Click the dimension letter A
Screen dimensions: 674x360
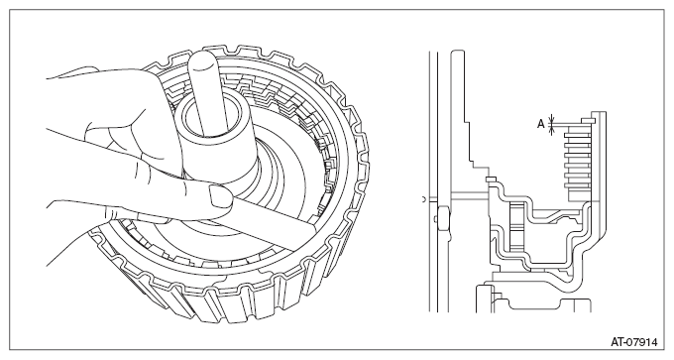tap(541, 124)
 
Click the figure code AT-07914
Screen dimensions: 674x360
tap(634, 342)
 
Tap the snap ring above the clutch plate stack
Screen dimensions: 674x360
tap(587, 120)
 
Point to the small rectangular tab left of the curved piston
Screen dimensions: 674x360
tap(491, 179)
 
